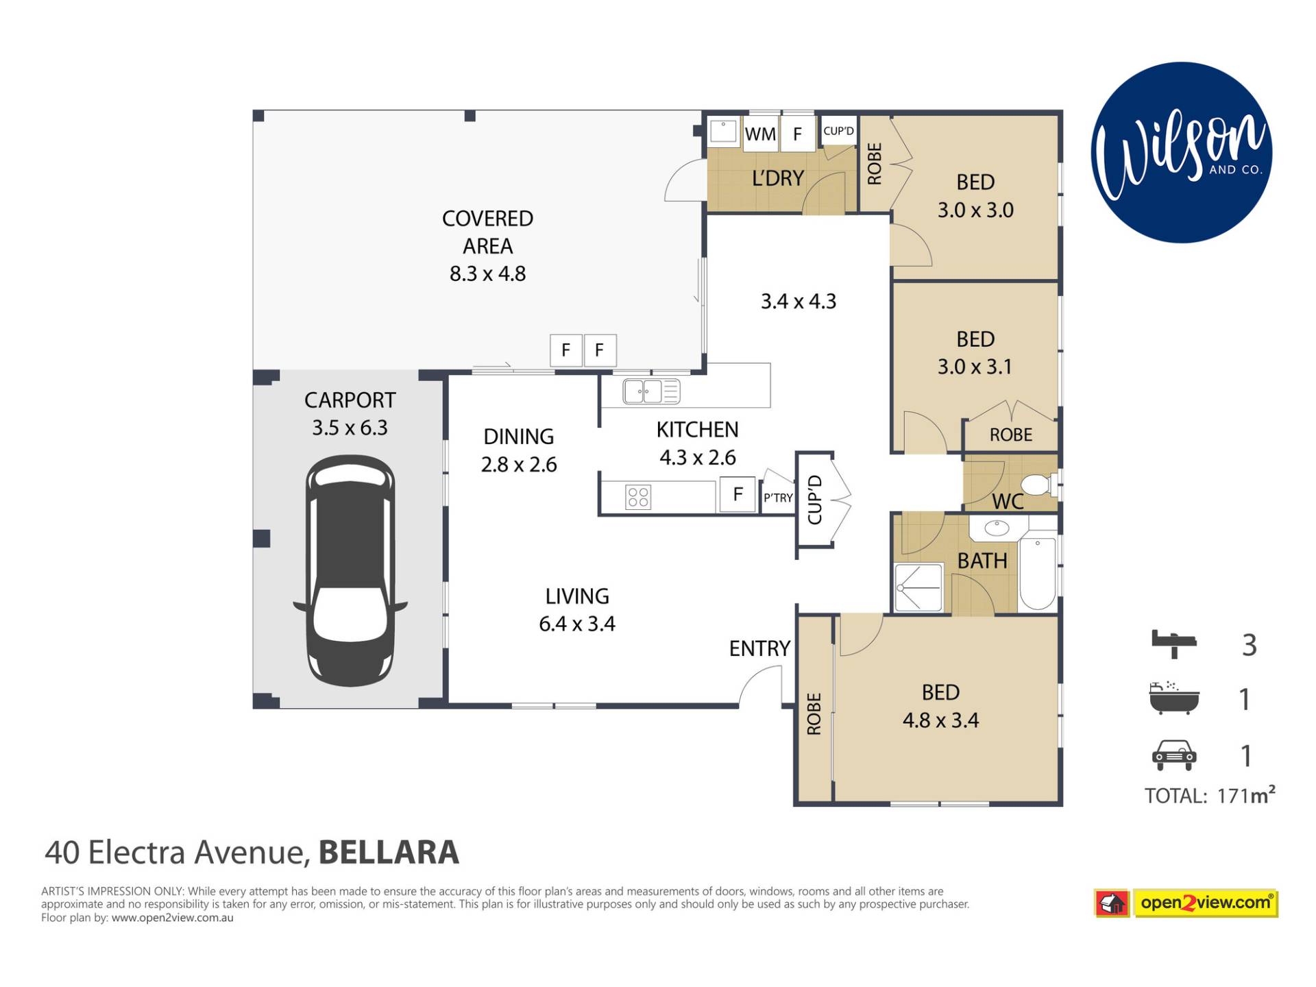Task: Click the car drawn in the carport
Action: click(x=350, y=570)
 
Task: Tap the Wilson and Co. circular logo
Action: click(x=1181, y=152)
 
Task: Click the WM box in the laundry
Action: click(x=760, y=134)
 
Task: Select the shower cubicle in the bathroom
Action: click(x=919, y=587)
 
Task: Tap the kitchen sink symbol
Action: click(x=651, y=392)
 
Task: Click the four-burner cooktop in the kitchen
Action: click(x=638, y=497)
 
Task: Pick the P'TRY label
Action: click(x=778, y=498)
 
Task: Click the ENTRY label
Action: click(x=759, y=648)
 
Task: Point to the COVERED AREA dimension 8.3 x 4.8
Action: click(x=487, y=273)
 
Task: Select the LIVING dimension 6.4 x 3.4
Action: click(x=577, y=624)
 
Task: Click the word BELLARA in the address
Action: click(x=389, y=853)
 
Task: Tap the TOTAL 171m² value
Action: click(x=1246, y=795)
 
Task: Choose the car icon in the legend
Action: click(x=1174, y=755)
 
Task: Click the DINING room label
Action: click(x=519, y=437)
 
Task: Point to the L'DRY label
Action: click(x=777, y=178)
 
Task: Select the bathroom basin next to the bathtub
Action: click(x=997, y=528)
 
